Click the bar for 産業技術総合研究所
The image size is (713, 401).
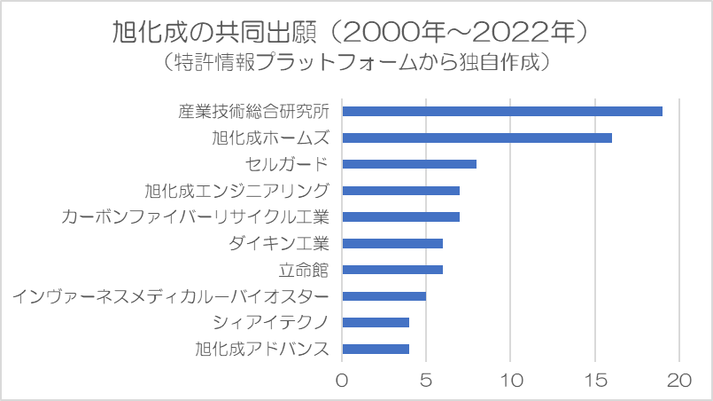click(502, 111)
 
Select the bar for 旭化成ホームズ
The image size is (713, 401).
click(477, 138)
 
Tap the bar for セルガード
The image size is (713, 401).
click(409, 164)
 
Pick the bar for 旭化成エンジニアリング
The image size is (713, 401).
click(400, 191)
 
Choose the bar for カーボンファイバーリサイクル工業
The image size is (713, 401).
click(400, 216)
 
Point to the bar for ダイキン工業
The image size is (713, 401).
click(392, 243)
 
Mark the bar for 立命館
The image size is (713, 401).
click(392, 270)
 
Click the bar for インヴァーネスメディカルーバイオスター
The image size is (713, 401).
click(384, 296)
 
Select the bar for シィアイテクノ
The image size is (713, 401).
click(376, 323)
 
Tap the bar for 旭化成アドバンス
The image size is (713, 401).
click(376, 349)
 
